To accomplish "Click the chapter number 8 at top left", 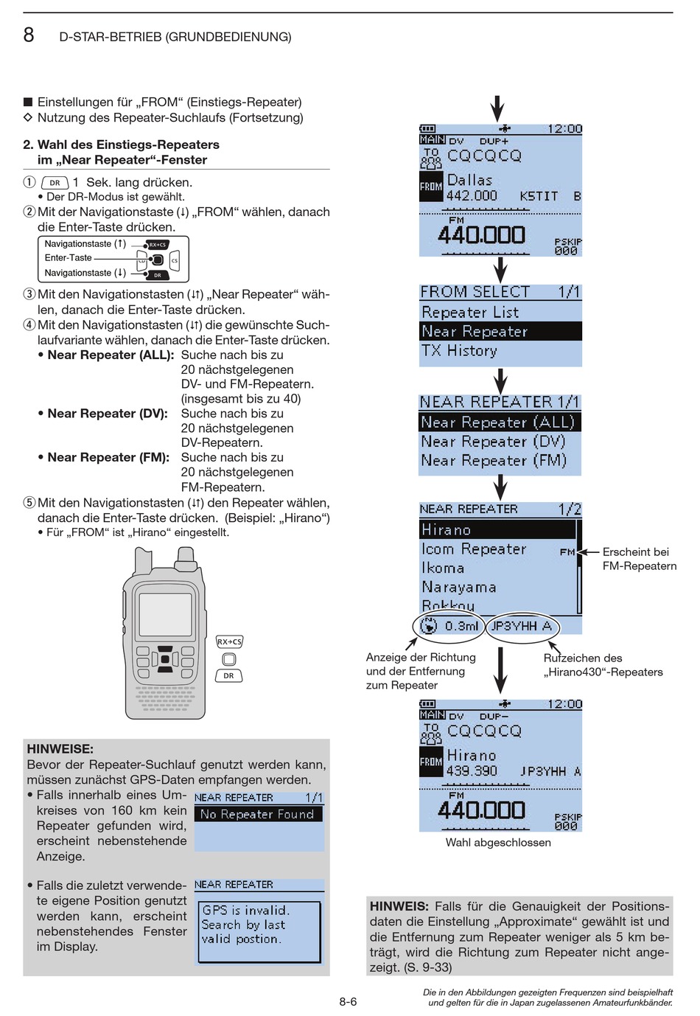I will pyautogui.click(x=29, y=35).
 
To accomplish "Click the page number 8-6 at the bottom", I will pyautogui.click(x=348, y=1001).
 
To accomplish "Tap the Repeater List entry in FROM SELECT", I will pyautogui.click(x=470, y=313).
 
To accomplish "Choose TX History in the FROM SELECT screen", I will pyautogui.click(x=459, y=351).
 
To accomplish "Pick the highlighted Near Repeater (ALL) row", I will pyautogui.click(x=498, y=422).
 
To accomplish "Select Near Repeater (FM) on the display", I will pyautogui.click(x=494, y=461).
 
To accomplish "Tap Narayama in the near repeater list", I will pyautogui.click(x=458, y=588).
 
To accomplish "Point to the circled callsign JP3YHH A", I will pyautogui.click(x=522, y=627).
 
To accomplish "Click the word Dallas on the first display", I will pyautogui.click(x=469, y=180).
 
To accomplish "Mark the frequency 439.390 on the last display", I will pyautogui.click(x=472, y=771).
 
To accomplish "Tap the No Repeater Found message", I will pyautogui.click(x=257, y=815).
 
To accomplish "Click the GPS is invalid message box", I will pyautogui.click(x=259, y=931).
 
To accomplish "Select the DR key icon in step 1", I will pyautogui.click(x=55, y=183).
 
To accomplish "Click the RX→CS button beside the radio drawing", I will pyautogui.click(x=229, y=642).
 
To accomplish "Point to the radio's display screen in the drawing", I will pyautogui.click(x=165, y=614).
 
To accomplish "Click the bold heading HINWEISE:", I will pyautogui.click(x=60, y=749).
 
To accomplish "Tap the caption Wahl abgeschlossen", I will pyautogui.click(x=498, y=843).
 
